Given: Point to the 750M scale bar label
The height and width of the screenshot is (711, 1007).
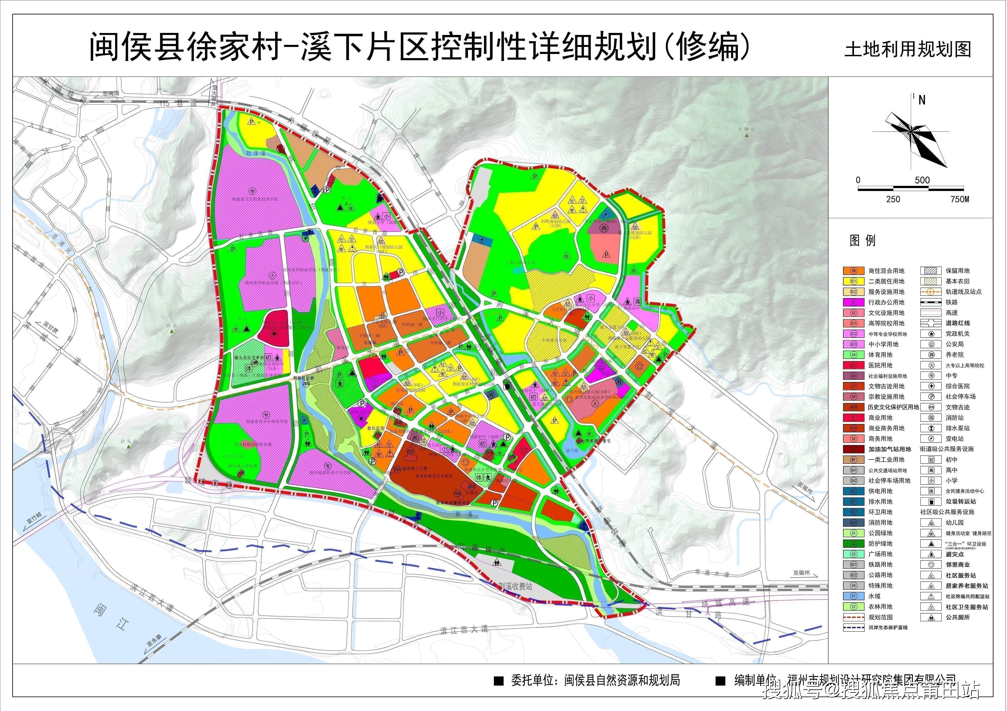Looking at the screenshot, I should [960, 199].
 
